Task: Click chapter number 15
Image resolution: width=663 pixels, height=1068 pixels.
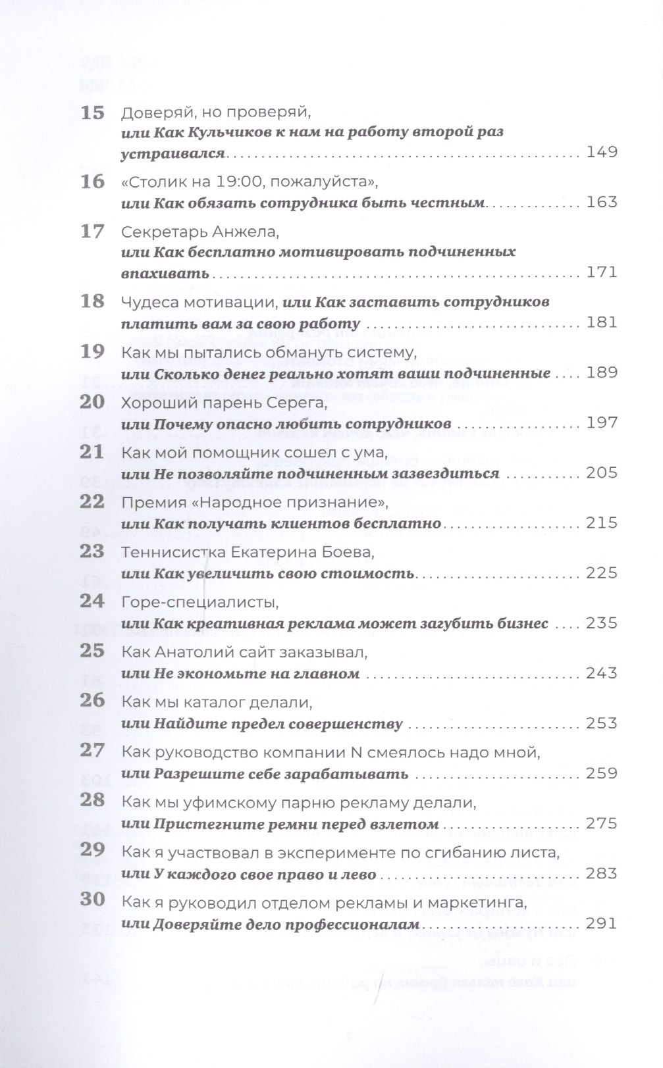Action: click(x=92, y=113)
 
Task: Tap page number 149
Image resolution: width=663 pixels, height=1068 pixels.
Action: click(x=601, y=153)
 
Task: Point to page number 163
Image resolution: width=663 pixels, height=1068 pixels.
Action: click(x=601, y=202)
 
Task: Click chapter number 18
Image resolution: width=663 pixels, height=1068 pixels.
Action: click(x=92, y=301)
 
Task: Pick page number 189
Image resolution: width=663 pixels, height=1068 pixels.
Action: click(x=601, y=373)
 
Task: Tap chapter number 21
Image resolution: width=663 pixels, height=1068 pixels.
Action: click(x=92, y=452)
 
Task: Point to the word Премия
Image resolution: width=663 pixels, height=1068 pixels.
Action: click(x=149, y=503)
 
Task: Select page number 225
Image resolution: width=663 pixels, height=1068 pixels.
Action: click(x=601, y=573)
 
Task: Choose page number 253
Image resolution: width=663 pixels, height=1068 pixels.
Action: click(x=601, y=724)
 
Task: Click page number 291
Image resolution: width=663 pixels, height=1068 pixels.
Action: click(x=601, y=924)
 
